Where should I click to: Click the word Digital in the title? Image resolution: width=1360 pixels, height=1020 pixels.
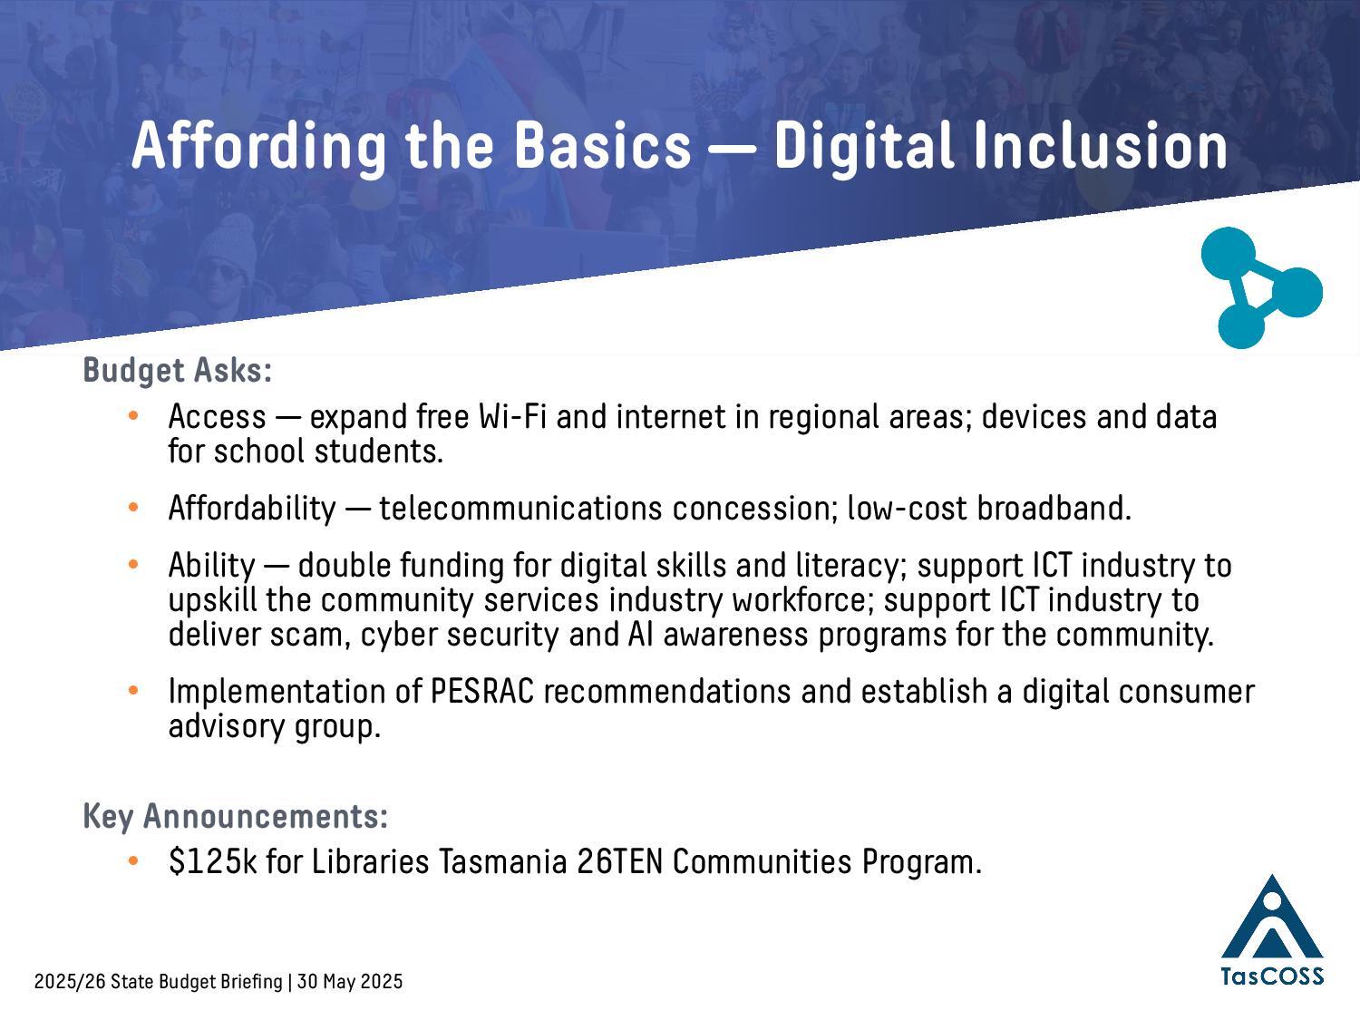point(863,147)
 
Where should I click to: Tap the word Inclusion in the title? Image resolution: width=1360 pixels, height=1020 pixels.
point(1101,145)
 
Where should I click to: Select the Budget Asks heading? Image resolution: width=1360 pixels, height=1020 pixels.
point(177,370)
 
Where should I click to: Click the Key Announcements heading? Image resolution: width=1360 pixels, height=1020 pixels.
point(236,816)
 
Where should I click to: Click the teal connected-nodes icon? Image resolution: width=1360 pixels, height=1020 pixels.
point(1261,287)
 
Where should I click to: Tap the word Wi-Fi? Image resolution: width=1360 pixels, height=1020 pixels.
point(511,416)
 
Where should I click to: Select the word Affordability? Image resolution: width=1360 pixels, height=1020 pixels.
point(252,509)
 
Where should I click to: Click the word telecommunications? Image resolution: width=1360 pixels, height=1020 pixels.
point(520,509)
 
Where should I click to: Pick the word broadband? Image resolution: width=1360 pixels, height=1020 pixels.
point(1054,509)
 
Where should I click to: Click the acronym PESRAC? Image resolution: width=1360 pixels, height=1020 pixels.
point(482,691)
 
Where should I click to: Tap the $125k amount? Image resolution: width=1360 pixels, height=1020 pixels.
point(212,861)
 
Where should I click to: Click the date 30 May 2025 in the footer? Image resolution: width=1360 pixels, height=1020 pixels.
point(350,982)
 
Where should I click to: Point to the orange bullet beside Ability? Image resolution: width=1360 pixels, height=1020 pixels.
point(133,565)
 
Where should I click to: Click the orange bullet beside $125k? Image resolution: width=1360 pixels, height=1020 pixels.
point(133,860)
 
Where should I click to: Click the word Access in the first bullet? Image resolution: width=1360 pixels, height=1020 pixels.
point(217,416)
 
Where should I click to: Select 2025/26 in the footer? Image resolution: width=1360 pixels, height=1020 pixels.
point(70,982)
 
